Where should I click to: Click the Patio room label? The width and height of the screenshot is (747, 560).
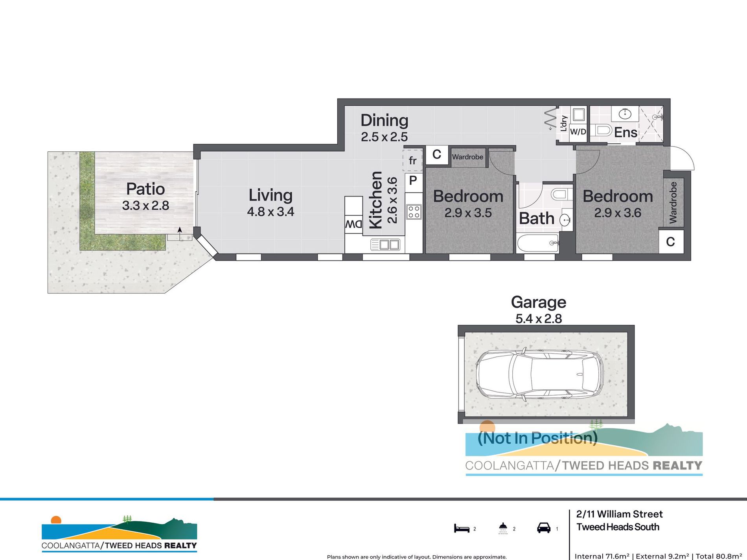[x=145, y=189]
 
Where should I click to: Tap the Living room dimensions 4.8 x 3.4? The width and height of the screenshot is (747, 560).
[x=270, y=212]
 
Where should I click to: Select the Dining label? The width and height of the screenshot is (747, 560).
[x=384, y=121]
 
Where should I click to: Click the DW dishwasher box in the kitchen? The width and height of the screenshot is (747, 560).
[x=353, y=224]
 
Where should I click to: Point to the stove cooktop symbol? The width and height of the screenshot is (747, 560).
[x=414, y=212]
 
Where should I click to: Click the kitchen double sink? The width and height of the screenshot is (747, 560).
[x=385, y=245]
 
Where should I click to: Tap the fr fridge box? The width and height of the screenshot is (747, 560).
[x=412, y=160]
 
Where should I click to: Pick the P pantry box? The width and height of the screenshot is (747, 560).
[x=413, y=181]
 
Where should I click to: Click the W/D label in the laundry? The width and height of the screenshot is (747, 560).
[x=578, y=132]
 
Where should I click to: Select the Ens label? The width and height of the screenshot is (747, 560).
[x=626, y=132]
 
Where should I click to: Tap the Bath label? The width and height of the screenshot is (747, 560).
[x=537, y=218]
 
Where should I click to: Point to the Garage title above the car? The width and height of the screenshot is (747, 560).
[x=539, y=302]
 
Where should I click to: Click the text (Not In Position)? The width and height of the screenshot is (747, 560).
[x=537, y=438]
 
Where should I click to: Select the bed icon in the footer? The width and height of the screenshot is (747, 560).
[x=462, y=528]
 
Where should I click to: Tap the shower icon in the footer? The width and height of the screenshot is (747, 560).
[x=503, y=528]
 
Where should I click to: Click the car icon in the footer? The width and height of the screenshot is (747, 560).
[x=544, y=528]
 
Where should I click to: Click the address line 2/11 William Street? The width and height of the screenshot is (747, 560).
[x=620, y=514]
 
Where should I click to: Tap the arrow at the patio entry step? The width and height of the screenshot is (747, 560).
[x=180, y=233]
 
